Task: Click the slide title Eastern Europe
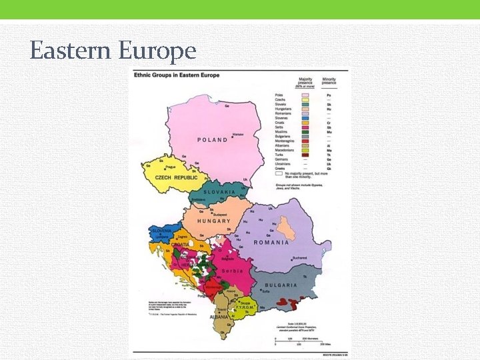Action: click(x=113, y=51)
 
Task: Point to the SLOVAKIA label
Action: click(x=220, y=191)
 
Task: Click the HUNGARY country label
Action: click(x=213, y=221)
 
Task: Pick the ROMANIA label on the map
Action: click(x=272, y=243)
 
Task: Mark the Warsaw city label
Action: click(x=237, y=135)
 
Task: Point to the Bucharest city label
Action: click(x=299, y=257)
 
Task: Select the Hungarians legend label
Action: click(x=285, y=109)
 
